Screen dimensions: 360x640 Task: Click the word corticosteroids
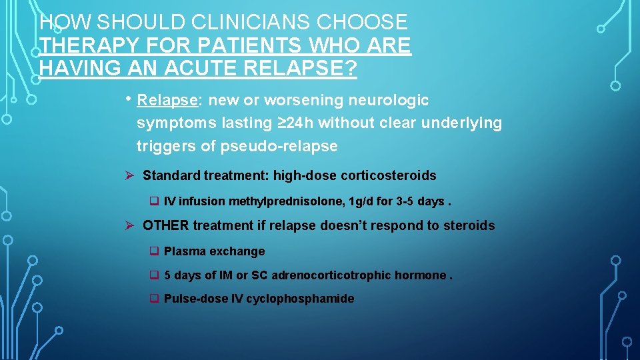(x=388, y=176)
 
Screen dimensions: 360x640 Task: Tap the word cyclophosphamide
(x=300, y=299)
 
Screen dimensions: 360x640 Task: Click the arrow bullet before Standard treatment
(x=131, y=176)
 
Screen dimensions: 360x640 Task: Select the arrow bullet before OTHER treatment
(x=131, y=226)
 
